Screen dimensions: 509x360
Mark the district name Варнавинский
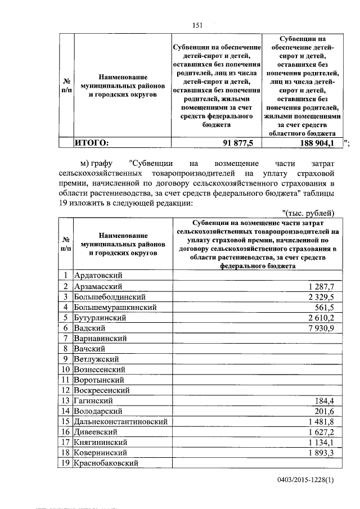[x=100, y=339]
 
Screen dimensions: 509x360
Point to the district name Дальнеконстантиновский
[x=119, y=421]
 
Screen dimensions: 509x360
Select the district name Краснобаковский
[x=106, y=463]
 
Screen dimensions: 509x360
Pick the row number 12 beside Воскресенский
[x=66, y=390]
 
